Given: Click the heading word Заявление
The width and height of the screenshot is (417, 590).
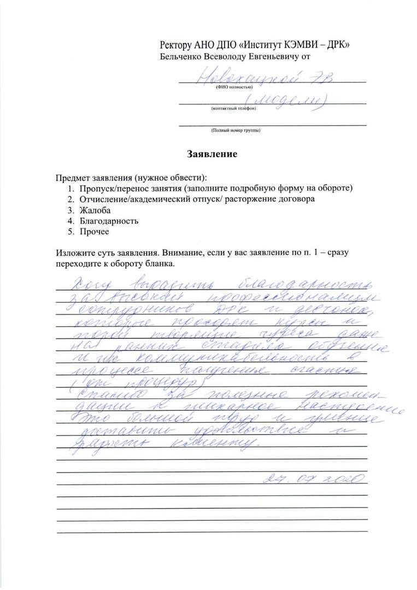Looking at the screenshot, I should [212, 155].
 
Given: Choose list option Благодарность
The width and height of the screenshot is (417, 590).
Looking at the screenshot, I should [109, 221].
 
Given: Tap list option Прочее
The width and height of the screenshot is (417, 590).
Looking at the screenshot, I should [95, 232].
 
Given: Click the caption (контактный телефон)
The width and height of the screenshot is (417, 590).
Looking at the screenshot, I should [233, 109].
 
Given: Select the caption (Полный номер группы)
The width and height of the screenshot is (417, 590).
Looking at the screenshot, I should [236, 131].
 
